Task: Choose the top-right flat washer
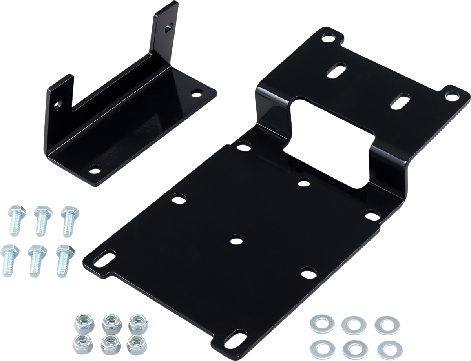(x=387, y=324)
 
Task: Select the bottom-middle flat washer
(x=355, y=348)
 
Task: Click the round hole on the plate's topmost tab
(x=328, y=38)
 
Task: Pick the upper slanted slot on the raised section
(x=338, y=71)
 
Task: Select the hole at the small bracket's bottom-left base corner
(x=94, y=170)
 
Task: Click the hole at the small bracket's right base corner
(x=195, y=93)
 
